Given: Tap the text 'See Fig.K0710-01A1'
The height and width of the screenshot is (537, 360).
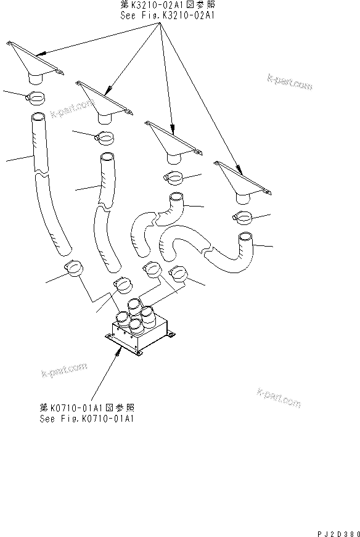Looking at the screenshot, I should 86,418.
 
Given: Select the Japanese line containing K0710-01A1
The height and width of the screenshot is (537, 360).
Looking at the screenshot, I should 86,408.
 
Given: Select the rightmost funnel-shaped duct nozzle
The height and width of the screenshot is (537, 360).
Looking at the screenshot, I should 242,182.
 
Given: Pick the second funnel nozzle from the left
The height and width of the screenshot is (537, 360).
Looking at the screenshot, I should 104,102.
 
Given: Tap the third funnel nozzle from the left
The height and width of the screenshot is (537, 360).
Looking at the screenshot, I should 173,143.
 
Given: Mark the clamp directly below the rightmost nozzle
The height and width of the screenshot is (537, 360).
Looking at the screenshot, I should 244,218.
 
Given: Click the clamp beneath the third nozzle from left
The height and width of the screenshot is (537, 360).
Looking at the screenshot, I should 174,178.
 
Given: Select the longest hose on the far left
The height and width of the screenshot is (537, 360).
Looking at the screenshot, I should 49,185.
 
